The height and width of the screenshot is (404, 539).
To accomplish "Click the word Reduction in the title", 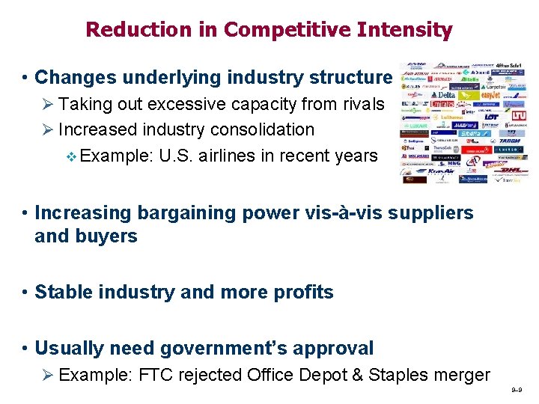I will point(127,30).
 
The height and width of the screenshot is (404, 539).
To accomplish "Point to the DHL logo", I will point(511,171).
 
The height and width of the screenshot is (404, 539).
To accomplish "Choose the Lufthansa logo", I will point(448,117).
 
